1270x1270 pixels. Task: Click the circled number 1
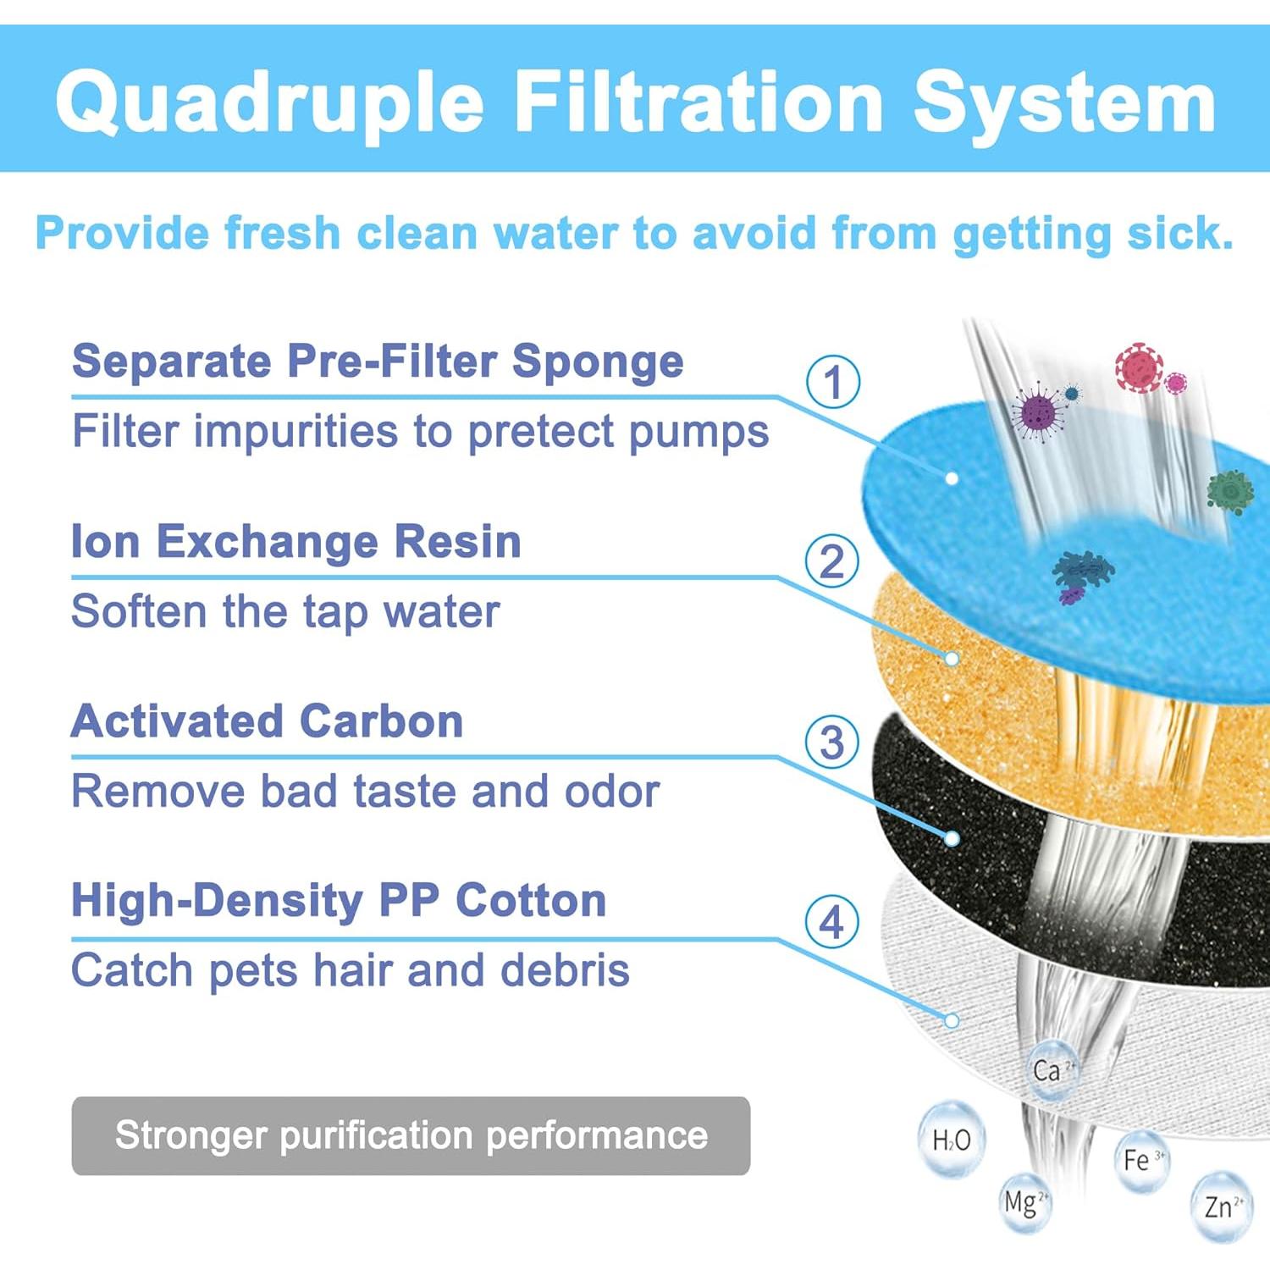(x=833, y=382)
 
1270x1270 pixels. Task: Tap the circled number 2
(x=832, y=561)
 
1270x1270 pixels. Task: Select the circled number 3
(x=832, y=743)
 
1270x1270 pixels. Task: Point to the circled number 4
(x=832, y=922)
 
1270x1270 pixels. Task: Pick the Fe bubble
(x=1140, y=1160)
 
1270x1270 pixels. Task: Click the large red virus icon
(x=1139, y=367)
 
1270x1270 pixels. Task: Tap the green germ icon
(x=1230, y=491)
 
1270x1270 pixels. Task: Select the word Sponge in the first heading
(x=598, y=362)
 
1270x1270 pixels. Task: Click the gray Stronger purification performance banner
(x=411, y=1135)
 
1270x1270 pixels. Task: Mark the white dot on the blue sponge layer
(x=952, y=478)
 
